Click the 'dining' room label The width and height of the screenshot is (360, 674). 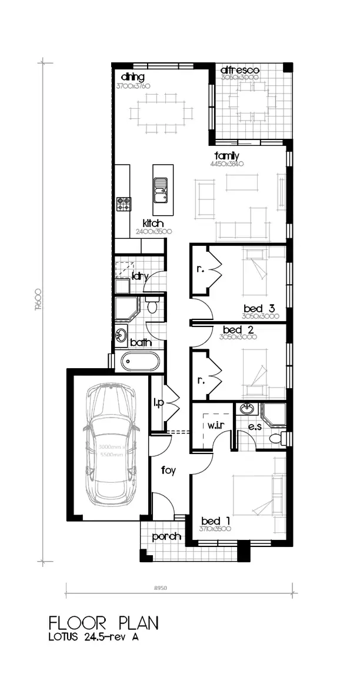point(132,77)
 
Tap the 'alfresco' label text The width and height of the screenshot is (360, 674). point(239,71)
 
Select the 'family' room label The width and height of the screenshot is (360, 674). point(226,156)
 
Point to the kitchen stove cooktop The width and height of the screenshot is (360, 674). point(124,203)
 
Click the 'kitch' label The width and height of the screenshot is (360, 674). point(153,223)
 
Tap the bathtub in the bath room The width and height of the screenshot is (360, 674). point(139,361)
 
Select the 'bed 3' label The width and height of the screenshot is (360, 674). point(259,308)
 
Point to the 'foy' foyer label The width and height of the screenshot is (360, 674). point(169,471)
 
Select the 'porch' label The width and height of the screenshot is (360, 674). point(166,537)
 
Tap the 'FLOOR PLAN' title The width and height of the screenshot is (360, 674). point(104,622)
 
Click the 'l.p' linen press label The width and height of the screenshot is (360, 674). point(158,403)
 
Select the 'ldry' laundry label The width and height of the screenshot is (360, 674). point(140,276)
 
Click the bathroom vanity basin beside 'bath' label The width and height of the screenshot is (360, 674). point(121,335)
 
